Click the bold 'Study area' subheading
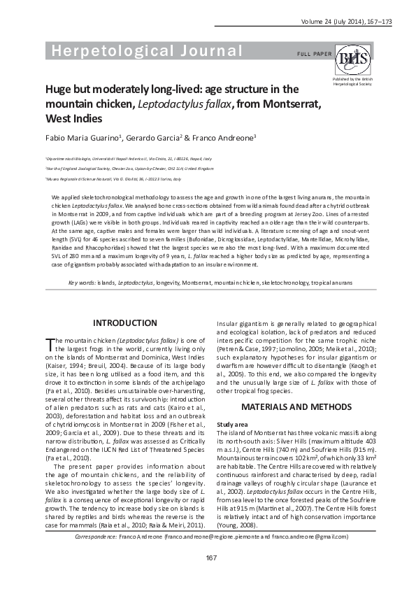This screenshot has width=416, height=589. point(232,424)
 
